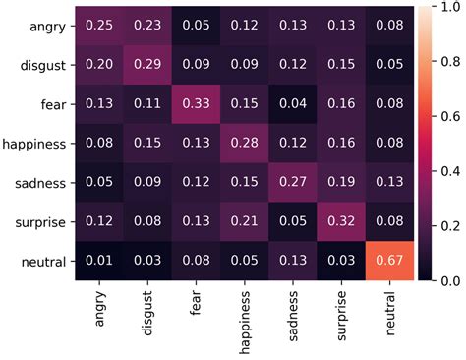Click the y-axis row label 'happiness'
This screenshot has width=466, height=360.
33,144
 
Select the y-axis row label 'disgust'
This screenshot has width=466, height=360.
40,65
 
